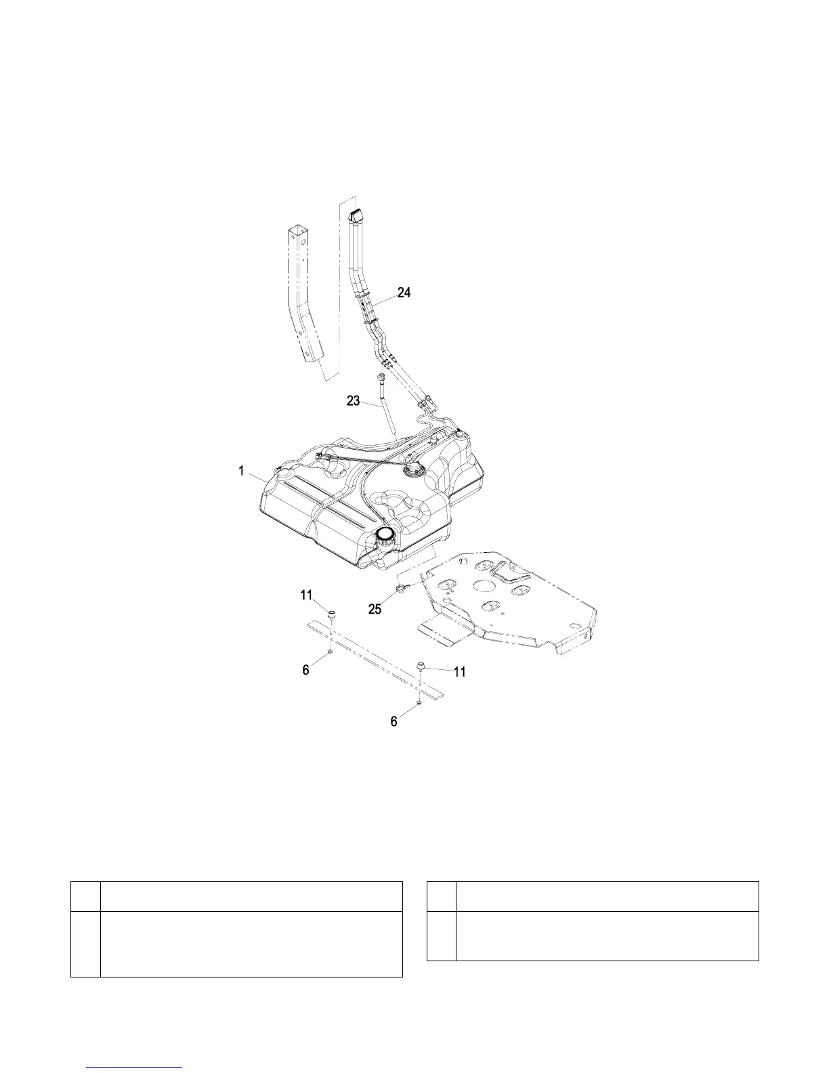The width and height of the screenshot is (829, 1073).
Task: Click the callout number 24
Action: tap(404, 293)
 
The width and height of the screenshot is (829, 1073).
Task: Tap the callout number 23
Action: tap(354, 401)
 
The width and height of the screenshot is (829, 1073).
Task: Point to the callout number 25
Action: tap(375, 609)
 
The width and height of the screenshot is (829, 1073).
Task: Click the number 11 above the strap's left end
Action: tap(307, 595)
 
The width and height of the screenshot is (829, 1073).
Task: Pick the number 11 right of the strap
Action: tap(459, 672)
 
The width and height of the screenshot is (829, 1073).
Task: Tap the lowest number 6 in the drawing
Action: tap(394, 722)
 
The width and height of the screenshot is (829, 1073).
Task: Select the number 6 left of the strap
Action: tap(306, 669)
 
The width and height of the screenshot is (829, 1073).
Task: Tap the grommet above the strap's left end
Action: tap(333, 614)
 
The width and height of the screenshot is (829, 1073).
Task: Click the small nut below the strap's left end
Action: tap(330, 651)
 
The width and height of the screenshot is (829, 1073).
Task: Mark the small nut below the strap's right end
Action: tap(420, 704)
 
